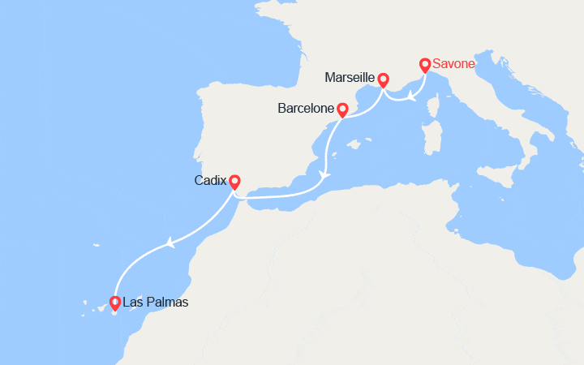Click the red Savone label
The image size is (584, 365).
pos(453,64)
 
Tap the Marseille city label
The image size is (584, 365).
pos(349,78)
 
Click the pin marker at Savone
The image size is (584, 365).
pos(424,64)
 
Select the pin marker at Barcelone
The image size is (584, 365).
pos(342,108)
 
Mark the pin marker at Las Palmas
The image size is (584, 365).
pos(115,303)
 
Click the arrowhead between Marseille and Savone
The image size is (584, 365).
pos(412,99)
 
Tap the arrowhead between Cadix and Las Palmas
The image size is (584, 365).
pos(170,243)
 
